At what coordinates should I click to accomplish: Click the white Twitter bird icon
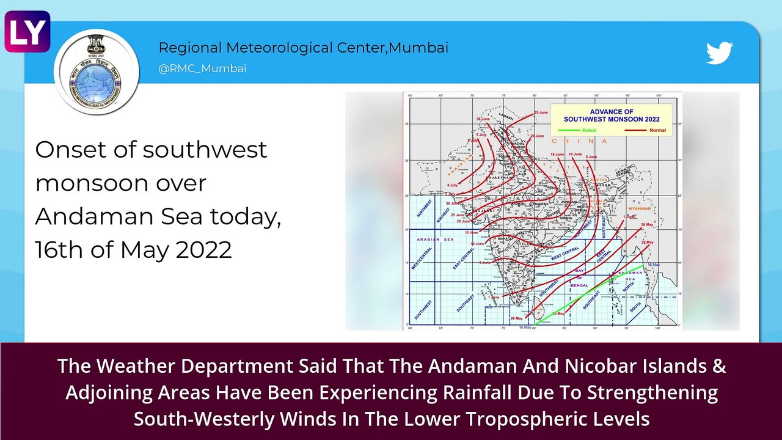coord(719,53)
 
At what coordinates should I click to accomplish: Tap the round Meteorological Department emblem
coord(96,71)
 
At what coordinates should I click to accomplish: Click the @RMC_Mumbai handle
coord(202,68)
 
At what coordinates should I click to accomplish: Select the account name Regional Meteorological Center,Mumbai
coord(303,48)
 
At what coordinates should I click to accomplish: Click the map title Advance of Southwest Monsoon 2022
coord(611,116)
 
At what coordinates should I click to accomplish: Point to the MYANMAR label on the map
coord(639,209)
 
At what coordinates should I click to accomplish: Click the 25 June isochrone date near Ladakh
coord(541,113)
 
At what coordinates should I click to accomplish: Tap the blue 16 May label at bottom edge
coord(525,328)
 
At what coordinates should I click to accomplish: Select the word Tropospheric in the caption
coord(582,419)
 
